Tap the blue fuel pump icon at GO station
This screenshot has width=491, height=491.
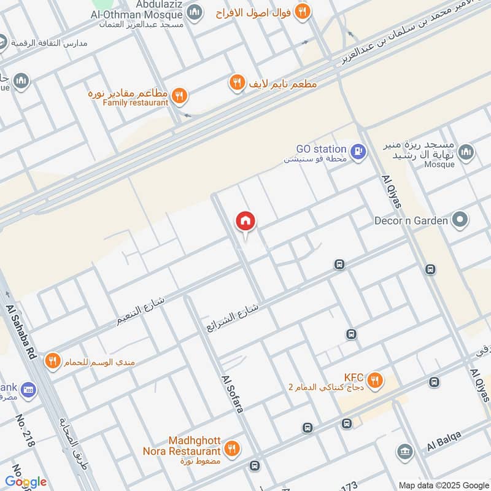(358, 149)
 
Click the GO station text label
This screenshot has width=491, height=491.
(321, 149)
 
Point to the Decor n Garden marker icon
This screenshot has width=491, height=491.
(458, 220)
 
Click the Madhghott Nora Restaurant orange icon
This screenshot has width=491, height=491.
(231, 449)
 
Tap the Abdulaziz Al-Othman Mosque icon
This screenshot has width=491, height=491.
(195, 12)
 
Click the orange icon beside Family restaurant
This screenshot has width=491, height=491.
(179, 95)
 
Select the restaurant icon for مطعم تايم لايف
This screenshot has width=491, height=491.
(237, 82)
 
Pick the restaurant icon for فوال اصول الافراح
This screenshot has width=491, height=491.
(301, 10)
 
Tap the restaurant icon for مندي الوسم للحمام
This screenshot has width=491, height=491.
(53, 361)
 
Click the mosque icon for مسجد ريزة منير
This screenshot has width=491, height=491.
(466, 152)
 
